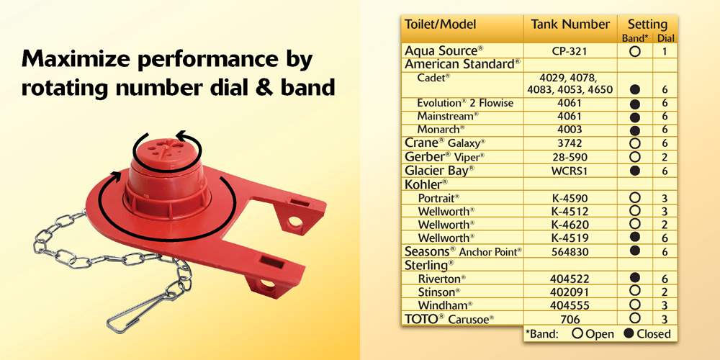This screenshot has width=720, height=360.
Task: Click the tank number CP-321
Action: (570, 50)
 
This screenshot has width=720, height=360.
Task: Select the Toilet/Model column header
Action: (440, 24)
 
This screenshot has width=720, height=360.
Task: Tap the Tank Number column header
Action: (570, 24)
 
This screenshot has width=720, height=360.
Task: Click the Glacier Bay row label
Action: (439, 171)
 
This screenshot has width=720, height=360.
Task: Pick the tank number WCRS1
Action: (570, 171)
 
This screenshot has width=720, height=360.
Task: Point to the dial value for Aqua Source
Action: (665, 51)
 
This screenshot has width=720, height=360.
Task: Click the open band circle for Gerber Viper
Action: (635, 157)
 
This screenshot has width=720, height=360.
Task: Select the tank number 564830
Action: (570, 251)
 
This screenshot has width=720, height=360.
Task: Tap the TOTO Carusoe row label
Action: (449, 319)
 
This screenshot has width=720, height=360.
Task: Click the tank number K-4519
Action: (570, 238)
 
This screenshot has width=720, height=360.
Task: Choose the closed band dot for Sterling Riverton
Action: (635, 277)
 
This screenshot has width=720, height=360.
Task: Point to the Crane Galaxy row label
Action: (445, 143)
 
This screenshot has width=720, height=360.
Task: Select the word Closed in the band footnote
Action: (654, 334)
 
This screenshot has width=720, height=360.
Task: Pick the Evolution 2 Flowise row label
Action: (465, 103)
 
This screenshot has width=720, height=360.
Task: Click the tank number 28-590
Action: (570, 157)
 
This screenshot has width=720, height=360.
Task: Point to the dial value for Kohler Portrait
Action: (665, 199)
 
